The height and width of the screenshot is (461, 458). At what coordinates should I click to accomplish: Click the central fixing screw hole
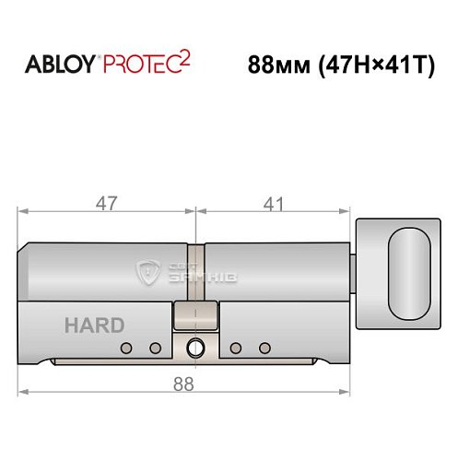click(194, 349)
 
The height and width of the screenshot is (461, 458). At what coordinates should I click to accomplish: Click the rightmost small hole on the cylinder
click(265, 349)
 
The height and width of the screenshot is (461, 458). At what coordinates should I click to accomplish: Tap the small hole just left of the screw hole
click(155, 349)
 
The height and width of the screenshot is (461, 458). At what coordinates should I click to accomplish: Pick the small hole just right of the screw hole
click(235, 349)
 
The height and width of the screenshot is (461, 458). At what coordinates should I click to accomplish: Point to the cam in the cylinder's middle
click(194, 313)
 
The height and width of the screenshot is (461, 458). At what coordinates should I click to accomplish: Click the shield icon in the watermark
click(148, 272)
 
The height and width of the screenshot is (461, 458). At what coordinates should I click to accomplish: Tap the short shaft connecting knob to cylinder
click(354, 274)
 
